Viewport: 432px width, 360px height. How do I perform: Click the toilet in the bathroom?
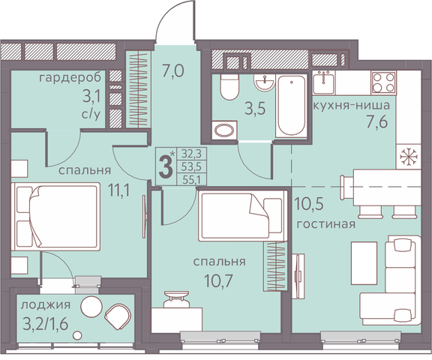[x=229, y=87]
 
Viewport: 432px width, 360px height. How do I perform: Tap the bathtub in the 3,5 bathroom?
[x=292, y=106]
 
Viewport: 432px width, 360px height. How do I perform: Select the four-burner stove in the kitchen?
[x=383, y=82]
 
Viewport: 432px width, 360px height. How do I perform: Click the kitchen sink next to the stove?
[x=323, y=82]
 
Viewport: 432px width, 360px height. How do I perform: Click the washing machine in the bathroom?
[x=224, y=130]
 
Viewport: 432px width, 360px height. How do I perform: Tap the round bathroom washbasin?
[x=265, y=82]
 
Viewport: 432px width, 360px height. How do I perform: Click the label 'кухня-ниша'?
[x=352, y=106]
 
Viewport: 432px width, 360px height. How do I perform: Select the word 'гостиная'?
[x=325, y=224]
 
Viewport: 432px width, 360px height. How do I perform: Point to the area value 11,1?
[x=118, y=190]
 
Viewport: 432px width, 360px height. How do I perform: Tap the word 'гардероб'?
[x=70, y=78]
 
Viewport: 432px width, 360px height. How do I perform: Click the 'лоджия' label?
[x=46, y=305]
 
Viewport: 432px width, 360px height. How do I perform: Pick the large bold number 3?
[x=166, y=166]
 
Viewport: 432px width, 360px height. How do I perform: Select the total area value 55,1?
[x=190, y=179]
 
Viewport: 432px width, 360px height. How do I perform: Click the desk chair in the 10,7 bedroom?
[x=177, y=299]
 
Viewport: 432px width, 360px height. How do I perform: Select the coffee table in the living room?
[x=364, y=263]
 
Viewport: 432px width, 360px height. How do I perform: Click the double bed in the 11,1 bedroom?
[x=55, y=217]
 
